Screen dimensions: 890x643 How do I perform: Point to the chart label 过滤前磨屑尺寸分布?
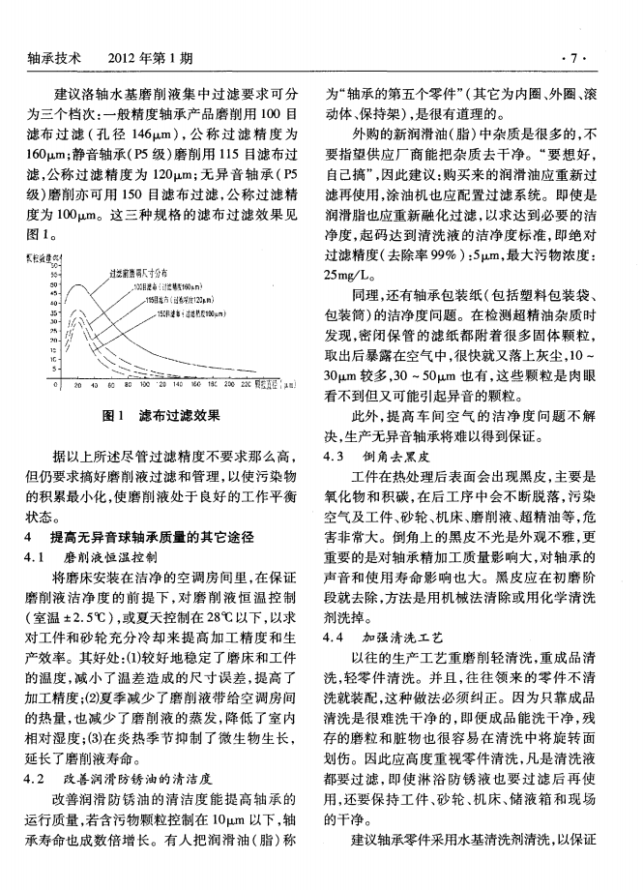point(145,272)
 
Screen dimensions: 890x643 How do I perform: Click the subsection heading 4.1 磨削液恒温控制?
point(102,558)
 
